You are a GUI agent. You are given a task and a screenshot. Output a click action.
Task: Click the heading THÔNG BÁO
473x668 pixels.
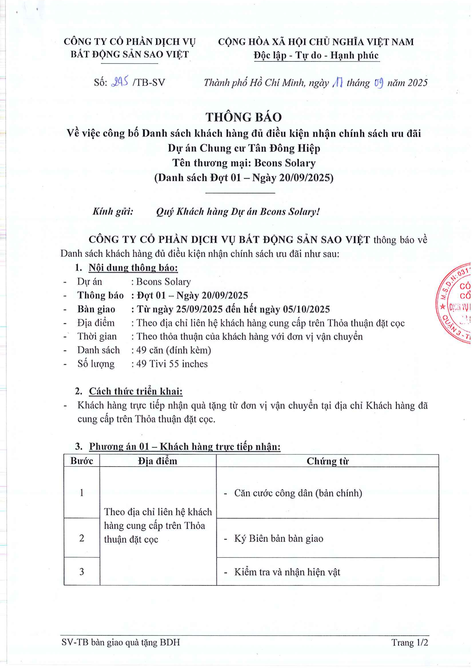coord(243,117)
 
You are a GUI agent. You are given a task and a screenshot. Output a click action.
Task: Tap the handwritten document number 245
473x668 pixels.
coord(120,83)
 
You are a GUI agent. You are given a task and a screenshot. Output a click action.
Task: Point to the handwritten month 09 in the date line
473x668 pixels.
coord(379,83)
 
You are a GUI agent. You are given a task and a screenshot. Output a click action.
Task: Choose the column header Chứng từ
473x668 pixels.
coord(327,461)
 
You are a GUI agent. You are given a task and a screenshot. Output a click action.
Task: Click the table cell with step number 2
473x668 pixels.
coord(82,538)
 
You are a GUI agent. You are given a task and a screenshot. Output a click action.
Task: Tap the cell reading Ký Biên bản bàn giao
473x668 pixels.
coord(279,539)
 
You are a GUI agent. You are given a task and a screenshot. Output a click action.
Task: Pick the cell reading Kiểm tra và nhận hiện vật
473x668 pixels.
coord(287,572)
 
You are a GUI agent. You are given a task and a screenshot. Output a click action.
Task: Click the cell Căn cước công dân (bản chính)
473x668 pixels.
coord(298,493)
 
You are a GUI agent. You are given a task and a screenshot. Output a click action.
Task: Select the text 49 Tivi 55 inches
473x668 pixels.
coord(172,364)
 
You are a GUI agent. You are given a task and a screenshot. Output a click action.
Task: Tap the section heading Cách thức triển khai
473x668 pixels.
coord(136,391)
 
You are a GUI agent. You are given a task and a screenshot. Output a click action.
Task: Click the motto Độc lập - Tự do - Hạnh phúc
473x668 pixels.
coord(316,55)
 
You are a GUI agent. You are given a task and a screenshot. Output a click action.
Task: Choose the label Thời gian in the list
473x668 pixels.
coord(97,336)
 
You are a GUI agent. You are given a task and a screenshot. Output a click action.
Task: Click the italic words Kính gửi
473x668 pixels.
coord(113,212)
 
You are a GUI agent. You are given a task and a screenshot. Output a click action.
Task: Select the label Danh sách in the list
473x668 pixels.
coord(98,350)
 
